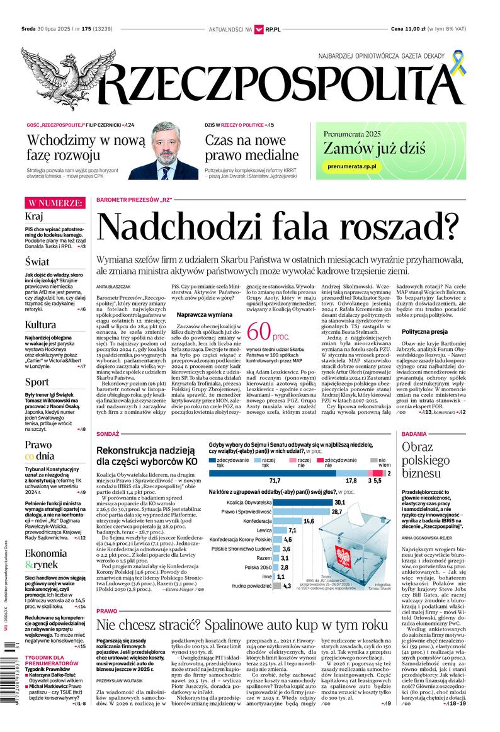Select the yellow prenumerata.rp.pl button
352,165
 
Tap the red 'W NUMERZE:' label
54,203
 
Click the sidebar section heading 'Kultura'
41,324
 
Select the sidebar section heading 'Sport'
37,382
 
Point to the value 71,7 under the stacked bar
275,481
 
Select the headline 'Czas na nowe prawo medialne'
251,147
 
